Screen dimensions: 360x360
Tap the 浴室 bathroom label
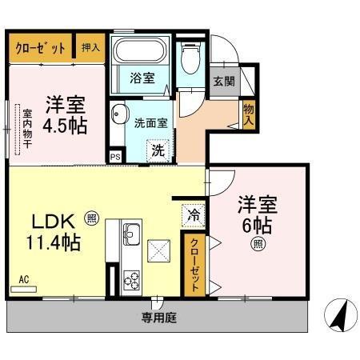click(x=142, y=78)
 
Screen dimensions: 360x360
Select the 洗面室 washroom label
click(x=150, y=123)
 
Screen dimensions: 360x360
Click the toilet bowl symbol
click(x=189, y=57)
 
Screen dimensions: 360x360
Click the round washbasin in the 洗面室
click(x=119, y=113)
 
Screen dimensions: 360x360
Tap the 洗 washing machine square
click(x=158, y=148)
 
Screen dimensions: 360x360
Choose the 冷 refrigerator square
click(x=192, y=214)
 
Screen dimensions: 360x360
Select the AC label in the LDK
click(x=23, y=280)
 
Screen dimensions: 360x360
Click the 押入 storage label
click(x=91, y=48)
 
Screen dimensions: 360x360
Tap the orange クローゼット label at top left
click(x=40, y=48)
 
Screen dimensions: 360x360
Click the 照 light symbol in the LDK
click(x=92, y=216)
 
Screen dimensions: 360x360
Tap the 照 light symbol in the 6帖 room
click(x=258, y=244)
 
